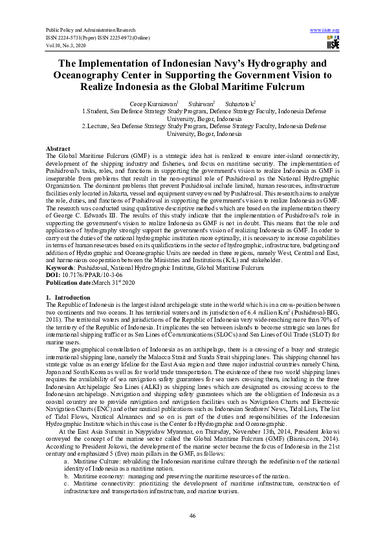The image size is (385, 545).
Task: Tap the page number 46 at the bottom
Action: [192, 515]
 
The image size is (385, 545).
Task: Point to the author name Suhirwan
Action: [199, 103]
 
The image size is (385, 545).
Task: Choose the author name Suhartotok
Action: [239, 103]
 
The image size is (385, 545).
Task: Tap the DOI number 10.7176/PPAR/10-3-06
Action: [93, 274]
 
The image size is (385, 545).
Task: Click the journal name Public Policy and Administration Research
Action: [90, 30]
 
